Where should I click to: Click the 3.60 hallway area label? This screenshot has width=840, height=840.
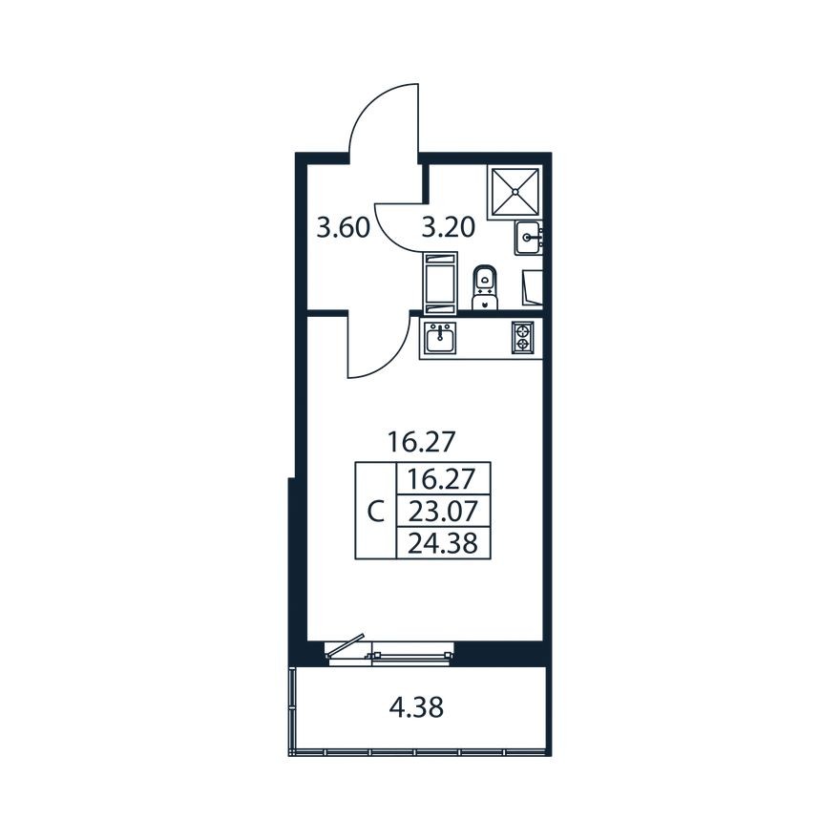344,228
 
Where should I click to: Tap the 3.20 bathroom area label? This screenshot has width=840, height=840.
449,228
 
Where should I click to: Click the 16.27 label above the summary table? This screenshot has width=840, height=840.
418,442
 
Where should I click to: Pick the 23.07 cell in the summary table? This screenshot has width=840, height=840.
441,509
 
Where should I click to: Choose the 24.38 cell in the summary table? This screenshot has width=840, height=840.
441,543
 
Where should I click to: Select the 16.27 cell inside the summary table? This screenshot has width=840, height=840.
441,477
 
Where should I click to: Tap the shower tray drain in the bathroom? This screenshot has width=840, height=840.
515,191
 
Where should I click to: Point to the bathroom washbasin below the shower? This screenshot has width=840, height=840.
529,237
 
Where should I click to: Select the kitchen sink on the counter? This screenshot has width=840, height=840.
440,338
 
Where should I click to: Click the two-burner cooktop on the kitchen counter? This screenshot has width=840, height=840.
522,338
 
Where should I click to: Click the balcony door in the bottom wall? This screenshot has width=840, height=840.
389,653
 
